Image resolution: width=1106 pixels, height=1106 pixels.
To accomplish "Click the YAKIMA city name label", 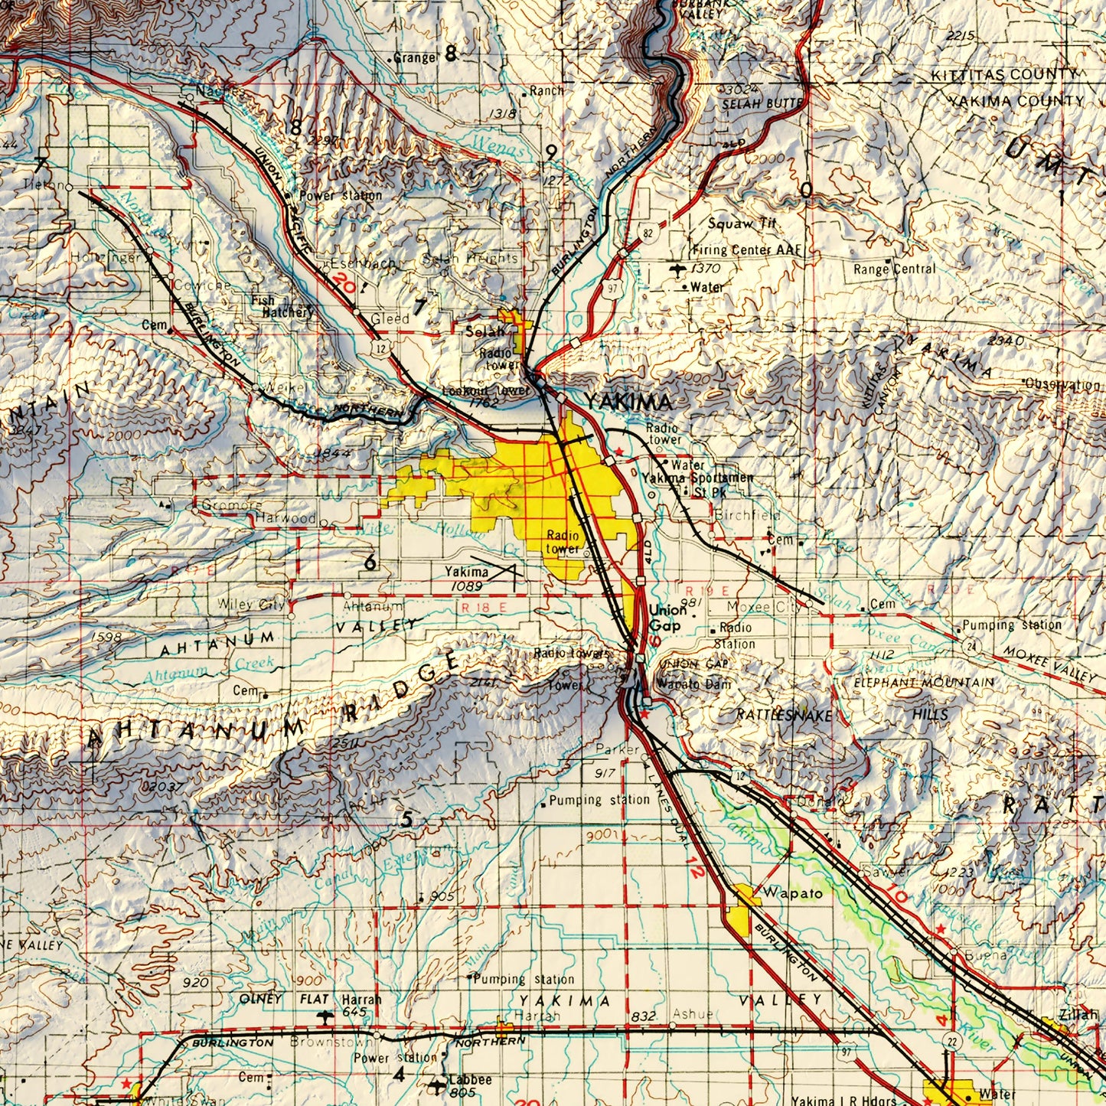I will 628,402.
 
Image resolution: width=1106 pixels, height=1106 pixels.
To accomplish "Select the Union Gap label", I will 666,618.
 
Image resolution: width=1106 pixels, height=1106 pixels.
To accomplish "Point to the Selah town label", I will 485,331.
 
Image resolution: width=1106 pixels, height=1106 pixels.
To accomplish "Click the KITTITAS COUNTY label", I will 1003,75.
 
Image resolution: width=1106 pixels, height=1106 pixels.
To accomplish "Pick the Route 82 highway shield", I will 648,233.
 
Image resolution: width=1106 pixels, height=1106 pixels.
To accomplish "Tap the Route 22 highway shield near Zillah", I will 951,1041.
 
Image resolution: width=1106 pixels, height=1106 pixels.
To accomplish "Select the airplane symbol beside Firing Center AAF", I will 676,269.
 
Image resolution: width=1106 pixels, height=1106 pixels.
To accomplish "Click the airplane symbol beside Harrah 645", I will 325,1016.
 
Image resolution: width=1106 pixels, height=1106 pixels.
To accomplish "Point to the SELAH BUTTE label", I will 762,103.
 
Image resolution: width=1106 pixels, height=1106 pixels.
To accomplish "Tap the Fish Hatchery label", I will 282,306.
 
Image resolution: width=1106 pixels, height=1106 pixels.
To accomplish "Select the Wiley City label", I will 251,604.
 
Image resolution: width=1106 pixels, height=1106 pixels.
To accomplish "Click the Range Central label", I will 894,269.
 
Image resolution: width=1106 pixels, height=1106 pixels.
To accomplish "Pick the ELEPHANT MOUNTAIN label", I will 924,682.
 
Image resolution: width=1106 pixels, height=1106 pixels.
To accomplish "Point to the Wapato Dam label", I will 693,684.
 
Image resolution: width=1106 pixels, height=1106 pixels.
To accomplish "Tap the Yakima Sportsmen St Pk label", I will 698,484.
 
